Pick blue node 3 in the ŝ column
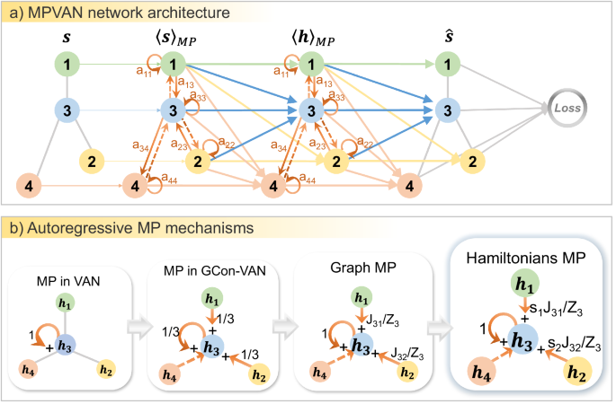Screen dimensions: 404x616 point(443,110)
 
